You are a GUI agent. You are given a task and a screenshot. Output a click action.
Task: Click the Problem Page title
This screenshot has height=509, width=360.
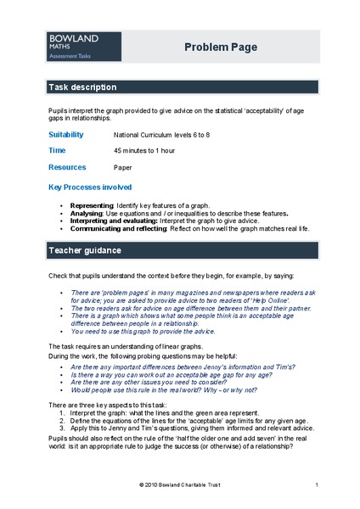(x=221, y=48)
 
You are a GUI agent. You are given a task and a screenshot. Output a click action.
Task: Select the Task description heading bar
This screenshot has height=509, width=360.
(x=180, y=87)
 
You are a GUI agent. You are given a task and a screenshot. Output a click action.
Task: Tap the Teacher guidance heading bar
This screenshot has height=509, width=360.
(x=180, y=251)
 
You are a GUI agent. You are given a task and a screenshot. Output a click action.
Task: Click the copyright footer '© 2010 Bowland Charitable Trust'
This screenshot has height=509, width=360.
(x=180, y=484)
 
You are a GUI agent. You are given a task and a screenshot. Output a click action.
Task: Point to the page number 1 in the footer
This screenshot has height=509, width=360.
(x=316, y=484)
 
